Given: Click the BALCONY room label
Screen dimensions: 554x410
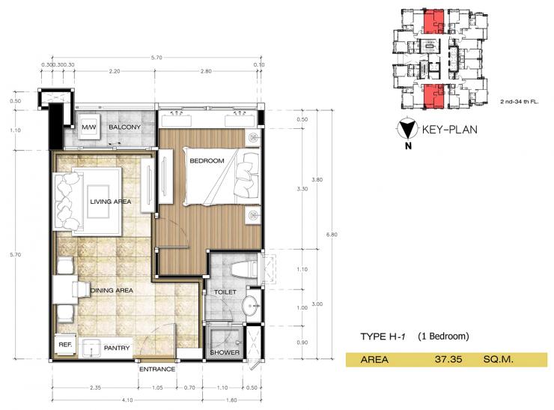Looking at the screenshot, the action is tap(124, 127).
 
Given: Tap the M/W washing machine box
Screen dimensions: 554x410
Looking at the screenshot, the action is tap(89, 127).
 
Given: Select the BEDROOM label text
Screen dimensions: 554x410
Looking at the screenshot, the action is tap(207, 160).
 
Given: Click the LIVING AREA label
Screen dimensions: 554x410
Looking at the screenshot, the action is tap(110, 202).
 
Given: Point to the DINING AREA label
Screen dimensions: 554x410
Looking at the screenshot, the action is tap(112, 290).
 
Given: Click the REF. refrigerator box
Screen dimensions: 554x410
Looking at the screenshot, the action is tap(65, 345).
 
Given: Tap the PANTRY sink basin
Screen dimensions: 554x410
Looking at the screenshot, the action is tap(91, 348).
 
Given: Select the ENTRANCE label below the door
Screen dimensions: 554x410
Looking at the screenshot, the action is tap(157, 370).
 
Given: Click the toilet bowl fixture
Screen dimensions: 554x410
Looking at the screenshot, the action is tap(243, 270).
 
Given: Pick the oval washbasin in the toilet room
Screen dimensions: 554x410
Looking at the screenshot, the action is tap(251, 304).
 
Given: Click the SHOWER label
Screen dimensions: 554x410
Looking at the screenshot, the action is tap(225, 352).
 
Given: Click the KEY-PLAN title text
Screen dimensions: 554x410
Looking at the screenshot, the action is tap(449, 130).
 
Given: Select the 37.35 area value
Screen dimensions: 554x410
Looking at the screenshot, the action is tap(448, 360).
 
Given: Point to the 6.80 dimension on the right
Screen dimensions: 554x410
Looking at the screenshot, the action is tap(332, 234).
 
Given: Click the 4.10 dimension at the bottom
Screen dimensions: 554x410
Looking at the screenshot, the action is tap(127, 400).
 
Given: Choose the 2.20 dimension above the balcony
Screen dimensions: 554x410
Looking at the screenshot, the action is tap(115, 71).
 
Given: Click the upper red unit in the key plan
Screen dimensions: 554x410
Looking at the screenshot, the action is tap(433, 21).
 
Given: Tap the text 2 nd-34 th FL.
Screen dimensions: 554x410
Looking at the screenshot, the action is tap(519, 101).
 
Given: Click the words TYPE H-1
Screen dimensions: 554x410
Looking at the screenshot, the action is tap(383, 337).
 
